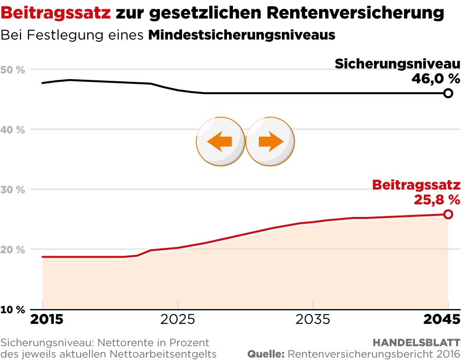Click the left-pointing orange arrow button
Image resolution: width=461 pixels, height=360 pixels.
(x=220, y=142)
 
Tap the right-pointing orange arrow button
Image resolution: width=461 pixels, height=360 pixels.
(x=270, y=142)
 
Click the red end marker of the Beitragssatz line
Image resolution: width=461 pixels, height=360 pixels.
(x=448, y=214)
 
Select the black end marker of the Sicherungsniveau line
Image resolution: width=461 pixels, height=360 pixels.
(x=448, y=93)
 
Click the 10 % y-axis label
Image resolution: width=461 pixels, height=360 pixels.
(x=13, y=310)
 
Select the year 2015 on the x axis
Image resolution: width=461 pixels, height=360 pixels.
(x=47, y=320)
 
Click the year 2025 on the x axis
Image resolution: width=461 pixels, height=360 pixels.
(x=178, y=320)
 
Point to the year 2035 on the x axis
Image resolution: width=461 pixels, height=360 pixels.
(x=313, y=320)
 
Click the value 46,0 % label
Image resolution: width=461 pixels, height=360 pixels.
(x=436, y=78)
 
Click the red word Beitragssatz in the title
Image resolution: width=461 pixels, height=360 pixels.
(x=55, y=13)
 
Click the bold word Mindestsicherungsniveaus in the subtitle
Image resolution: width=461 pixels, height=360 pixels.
(x=241, y=36)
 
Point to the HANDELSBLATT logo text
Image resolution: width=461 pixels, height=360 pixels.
(x=416, y=342)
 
